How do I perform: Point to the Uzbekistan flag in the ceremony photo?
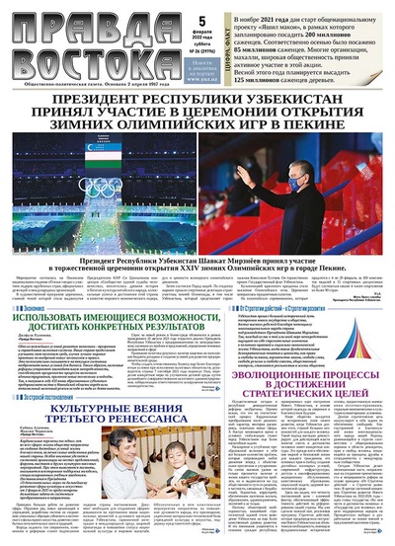coord(59,179)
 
